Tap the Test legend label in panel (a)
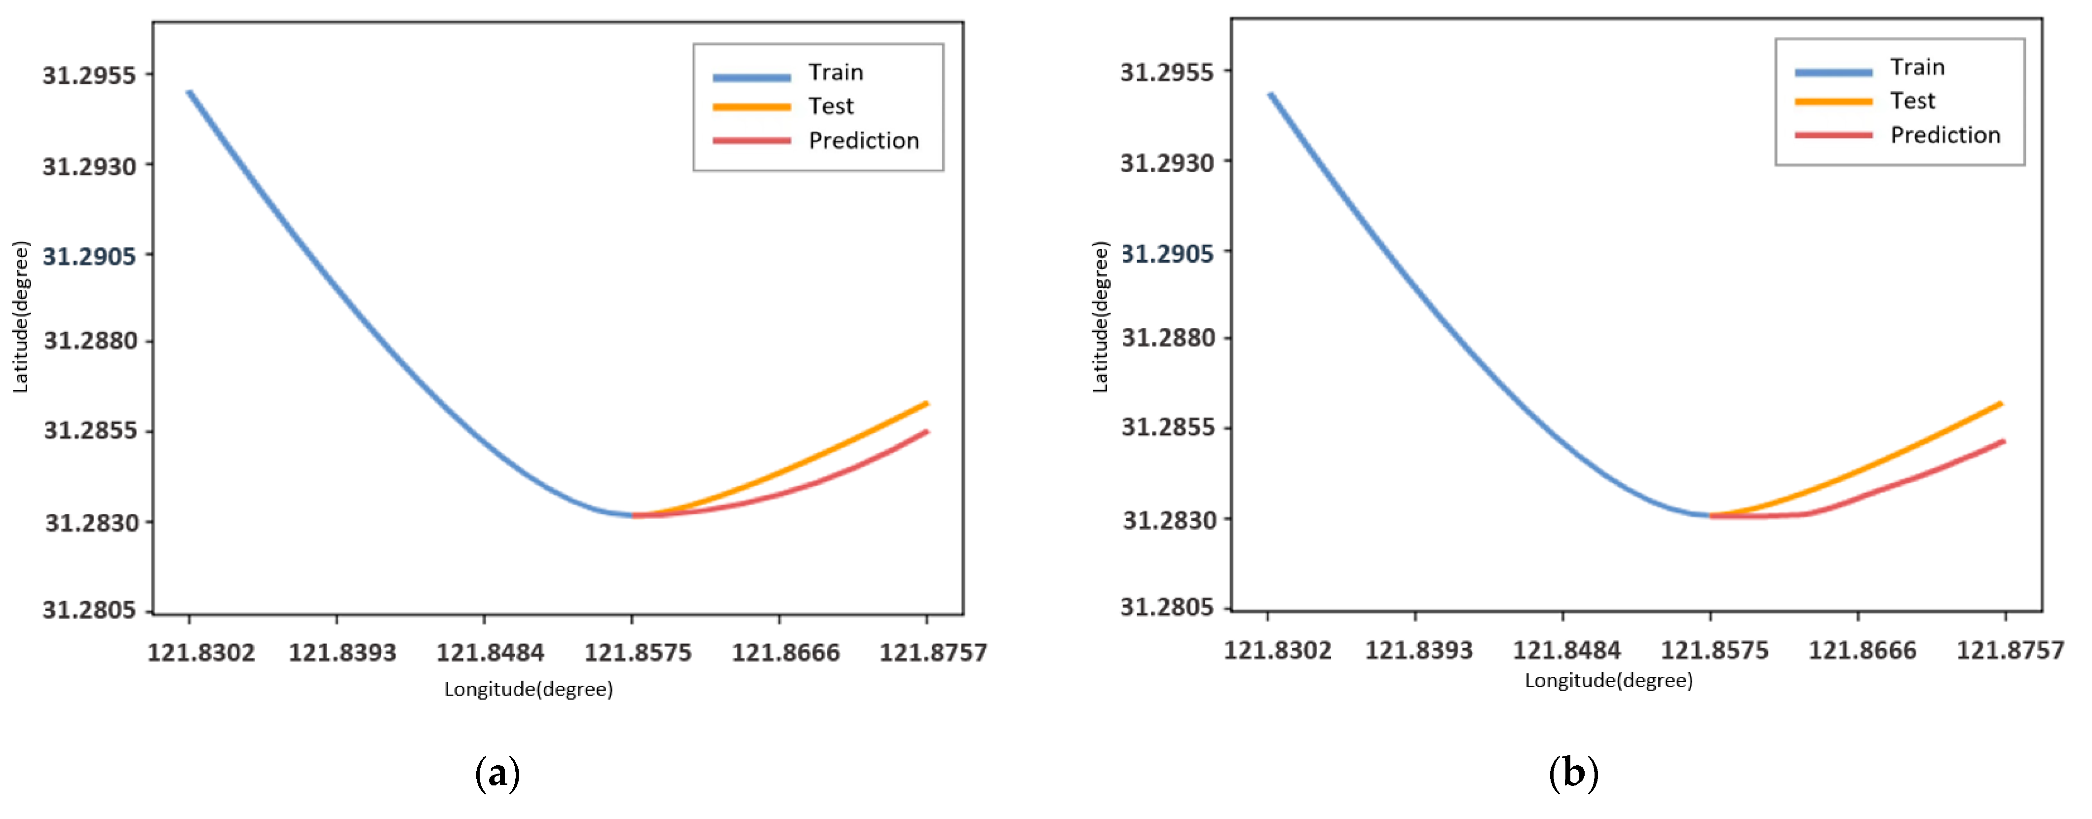point(831,107)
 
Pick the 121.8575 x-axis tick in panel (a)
point(638,653)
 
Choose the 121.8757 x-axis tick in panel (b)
point(2010,651)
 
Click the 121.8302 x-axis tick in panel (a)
point(200,653)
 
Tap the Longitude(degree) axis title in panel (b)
point(1609,681)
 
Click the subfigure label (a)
point(497,774)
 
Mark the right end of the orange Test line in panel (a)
point(927,403)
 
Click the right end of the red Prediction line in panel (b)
point(2004,441)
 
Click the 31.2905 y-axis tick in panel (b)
point(1167,254)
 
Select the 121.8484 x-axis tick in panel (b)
point(1566,651)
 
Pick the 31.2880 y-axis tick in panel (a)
point(90,341)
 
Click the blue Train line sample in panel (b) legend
point(1833,72)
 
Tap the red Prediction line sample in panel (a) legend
point(751,141)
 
